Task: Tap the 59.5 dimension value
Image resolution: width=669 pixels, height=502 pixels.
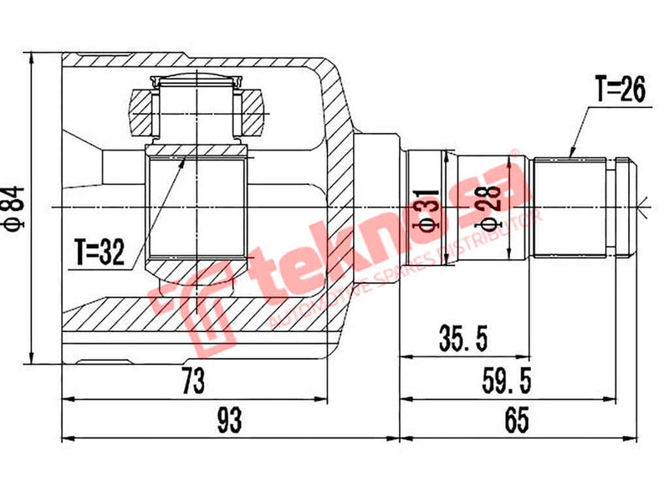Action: [506, 382]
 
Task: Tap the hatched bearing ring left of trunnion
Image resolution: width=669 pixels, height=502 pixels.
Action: [142, 112]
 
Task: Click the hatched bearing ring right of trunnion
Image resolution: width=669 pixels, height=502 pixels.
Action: [250, 112]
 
